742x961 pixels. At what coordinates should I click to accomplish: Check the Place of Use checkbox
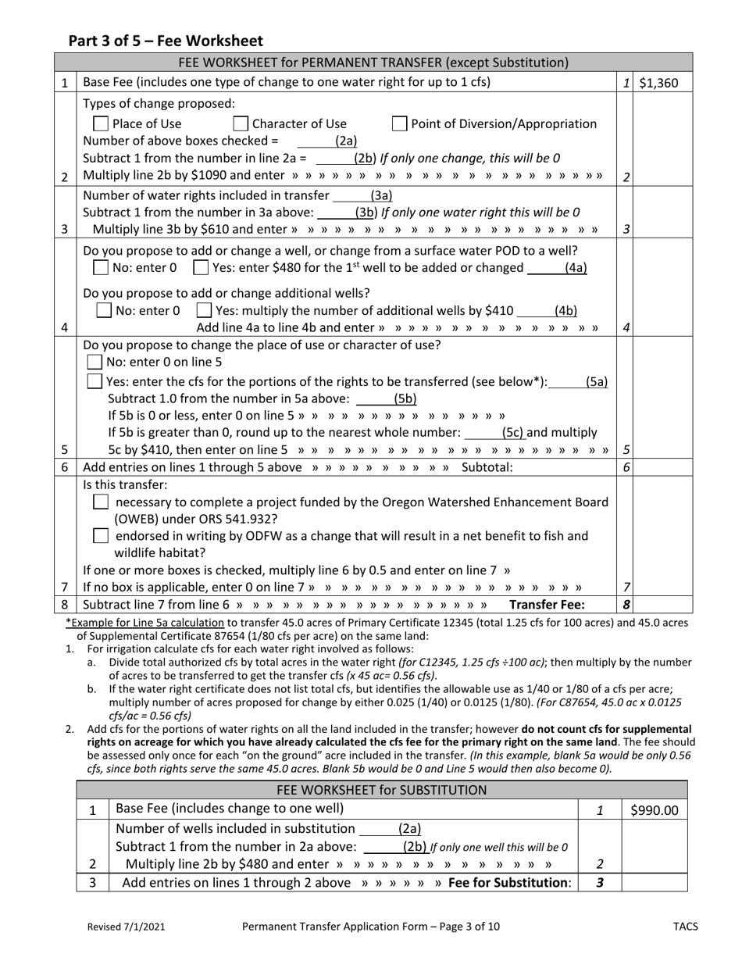[x=100, y=123]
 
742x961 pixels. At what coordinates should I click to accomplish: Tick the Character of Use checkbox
[x=241, y=123]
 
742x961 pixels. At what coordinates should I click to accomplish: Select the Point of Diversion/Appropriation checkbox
[x=399, y=123]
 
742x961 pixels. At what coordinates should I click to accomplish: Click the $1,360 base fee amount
[x=658, y=83]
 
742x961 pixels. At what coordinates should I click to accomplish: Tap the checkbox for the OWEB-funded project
[x=100, y=502]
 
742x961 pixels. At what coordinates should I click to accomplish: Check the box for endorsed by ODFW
[x=100, y=536]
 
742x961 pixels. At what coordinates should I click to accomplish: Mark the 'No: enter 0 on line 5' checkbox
[x=95, y=362]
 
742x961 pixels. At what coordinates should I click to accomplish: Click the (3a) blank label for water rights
[x=381, y=195]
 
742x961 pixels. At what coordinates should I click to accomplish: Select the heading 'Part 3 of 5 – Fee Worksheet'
[x=166, y=41]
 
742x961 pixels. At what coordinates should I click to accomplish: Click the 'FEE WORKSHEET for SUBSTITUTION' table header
[x=382, y=789]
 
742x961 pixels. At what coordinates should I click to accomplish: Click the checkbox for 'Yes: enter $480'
[x=201, y=268]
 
